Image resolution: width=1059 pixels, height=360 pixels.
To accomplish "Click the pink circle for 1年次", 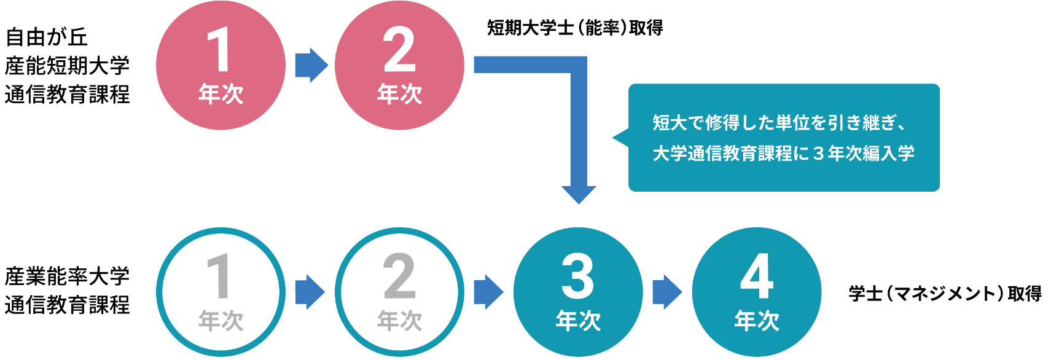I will tap(221, 65).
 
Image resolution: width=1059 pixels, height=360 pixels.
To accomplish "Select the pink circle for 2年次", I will tap(399, 65).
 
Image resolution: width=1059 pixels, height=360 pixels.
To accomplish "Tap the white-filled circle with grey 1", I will tap(221, 292).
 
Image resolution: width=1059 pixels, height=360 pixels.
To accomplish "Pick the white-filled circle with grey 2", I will tap(399, 292).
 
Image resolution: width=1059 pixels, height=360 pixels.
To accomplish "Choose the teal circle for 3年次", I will tap(578, 292).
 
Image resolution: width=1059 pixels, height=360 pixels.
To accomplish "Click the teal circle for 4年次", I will tap(757, 292).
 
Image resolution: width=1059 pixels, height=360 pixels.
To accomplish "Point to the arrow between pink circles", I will tap(310, 65).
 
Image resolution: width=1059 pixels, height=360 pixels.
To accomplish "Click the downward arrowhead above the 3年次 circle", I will tap(578, 193).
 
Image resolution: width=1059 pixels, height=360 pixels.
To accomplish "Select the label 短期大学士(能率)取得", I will tap(575, 28).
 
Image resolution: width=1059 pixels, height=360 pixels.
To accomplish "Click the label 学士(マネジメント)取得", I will tap(945, 294).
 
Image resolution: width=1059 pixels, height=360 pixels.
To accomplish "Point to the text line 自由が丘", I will tap(47, 37).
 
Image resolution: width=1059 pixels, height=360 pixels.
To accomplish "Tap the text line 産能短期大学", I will tap(68, 66).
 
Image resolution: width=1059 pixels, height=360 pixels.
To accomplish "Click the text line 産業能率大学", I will tap(68, 276).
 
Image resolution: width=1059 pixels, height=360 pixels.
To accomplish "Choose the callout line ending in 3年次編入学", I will tap(783, 153).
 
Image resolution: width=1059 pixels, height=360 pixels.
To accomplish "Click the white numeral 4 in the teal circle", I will tap(757, 276).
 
